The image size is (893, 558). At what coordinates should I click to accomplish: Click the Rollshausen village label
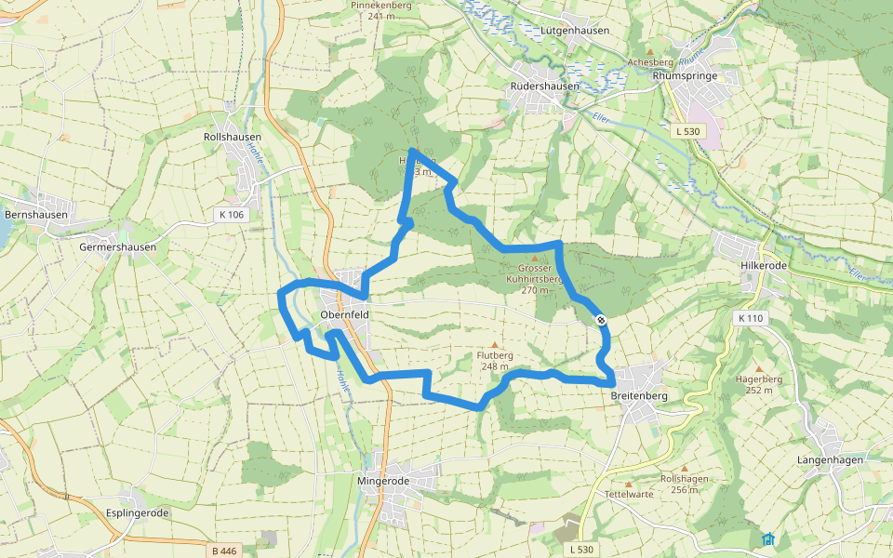click(x=232, y=137)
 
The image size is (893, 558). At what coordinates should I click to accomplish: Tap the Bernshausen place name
click(x=35, y=214)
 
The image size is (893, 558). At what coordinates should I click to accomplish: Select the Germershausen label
click(x=117, y=247)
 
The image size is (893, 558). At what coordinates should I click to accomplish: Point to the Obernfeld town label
click(x=344, y=315)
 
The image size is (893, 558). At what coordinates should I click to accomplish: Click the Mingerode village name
click(x=383, y=481)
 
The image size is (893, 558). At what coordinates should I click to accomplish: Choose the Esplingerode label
click(x=137, y=512)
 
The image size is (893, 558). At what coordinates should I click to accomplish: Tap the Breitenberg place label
click(x=640, y=395)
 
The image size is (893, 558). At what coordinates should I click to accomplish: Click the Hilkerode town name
click(x=765, y=265)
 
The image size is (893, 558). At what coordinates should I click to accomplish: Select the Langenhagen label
click(x=830, y=459)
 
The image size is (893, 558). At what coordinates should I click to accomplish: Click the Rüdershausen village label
click(x=545, y=86)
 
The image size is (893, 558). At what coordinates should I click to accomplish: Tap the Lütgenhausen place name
click(x=574, y=30)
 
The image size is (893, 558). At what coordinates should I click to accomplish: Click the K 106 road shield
click(x=231, y=215)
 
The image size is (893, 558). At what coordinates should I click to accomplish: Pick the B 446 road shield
click(x=225, y=551)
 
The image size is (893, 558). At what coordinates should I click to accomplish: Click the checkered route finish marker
click(x=602, y=319)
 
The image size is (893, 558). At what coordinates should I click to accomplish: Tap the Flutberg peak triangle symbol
click(x=495, y=344)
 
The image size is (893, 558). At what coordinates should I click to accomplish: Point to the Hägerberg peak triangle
click(x=758, y=369)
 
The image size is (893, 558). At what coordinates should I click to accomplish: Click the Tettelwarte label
click(x=628, y=494)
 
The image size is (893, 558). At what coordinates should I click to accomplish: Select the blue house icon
click(x=767, y=538)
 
